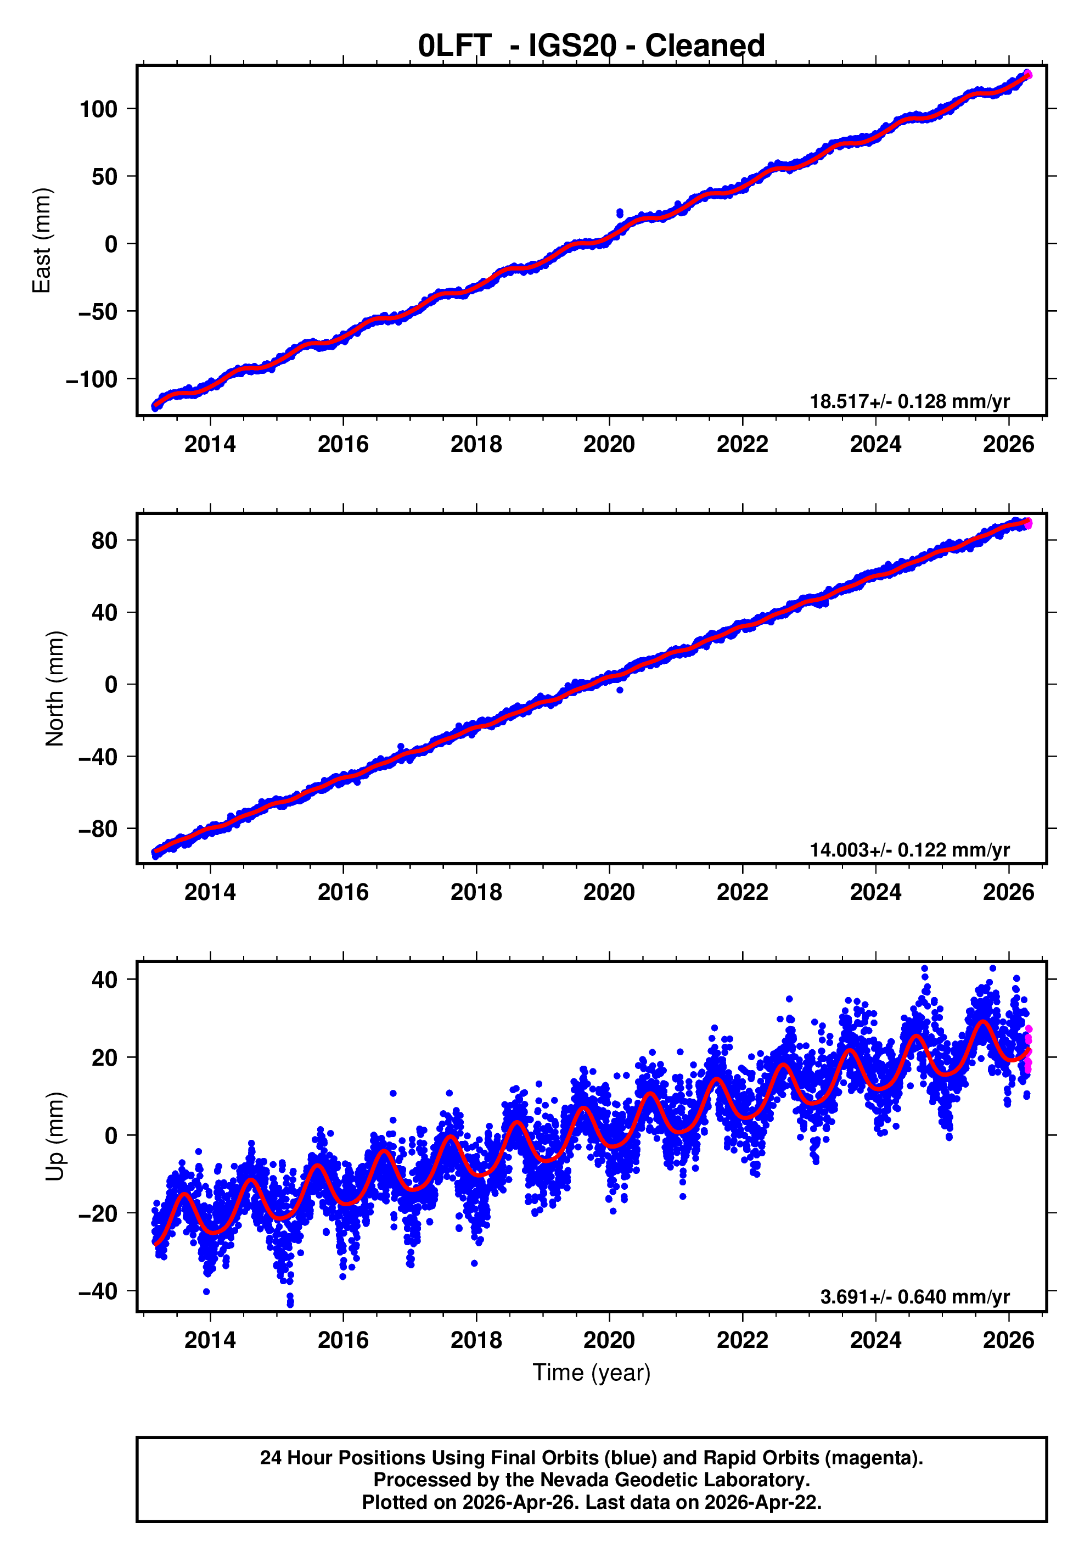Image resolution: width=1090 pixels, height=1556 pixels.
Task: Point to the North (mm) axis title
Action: tap(54, 689)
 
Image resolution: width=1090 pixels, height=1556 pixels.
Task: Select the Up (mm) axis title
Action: tap(54, 1137)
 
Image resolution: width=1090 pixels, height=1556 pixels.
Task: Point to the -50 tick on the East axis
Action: tap(98, 312)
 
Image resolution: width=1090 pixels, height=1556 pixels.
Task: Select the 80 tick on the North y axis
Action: tap(104, 541)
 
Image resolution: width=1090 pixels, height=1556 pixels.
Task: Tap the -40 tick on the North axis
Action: tap(98, 757)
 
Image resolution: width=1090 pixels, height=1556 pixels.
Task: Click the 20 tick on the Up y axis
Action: tap(104, 1057)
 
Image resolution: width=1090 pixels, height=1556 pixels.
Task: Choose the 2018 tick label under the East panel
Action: tap(476, 445)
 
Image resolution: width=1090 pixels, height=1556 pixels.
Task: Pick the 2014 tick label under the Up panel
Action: tap(210, 1340)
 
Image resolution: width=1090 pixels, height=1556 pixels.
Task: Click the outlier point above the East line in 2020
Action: tap(619, 214)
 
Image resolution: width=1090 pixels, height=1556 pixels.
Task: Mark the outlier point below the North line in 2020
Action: tap(619, 690)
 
